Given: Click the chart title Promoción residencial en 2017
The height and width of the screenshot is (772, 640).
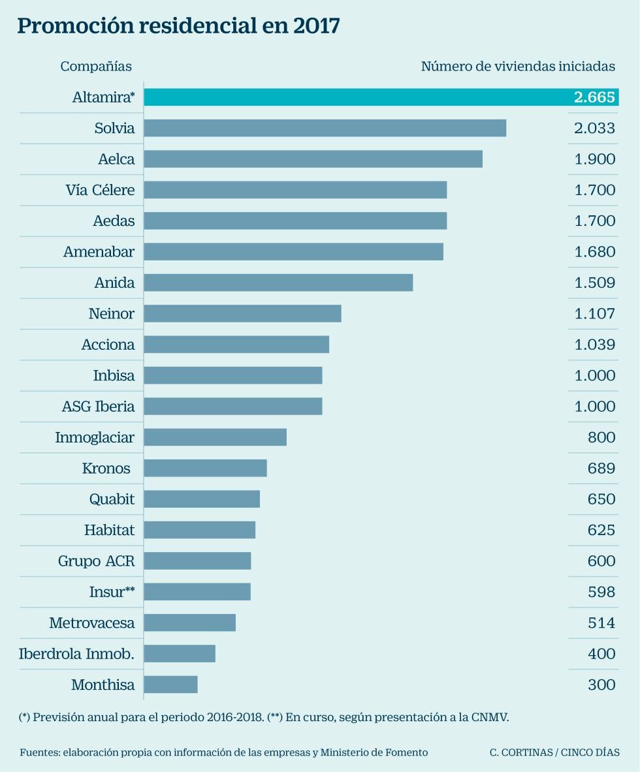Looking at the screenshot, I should click(x=178, y=26).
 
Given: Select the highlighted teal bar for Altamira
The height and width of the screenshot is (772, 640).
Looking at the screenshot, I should click(x=353, y=97).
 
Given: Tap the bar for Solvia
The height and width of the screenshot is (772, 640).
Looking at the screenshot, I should click(x=325, y=128).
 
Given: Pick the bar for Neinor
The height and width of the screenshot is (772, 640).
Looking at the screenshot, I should click(x=242, y=314).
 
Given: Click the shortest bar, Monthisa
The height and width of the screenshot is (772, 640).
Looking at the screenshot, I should click(x=170, y=685).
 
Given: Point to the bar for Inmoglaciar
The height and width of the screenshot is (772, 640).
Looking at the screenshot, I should click(x=215, y=437).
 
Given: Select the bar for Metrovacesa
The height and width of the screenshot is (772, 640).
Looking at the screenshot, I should click(x=189, y=623).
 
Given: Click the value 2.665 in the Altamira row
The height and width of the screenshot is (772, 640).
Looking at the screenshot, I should click(x=594, y=97).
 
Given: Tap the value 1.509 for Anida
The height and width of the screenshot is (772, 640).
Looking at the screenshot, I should click(x=594, y=283).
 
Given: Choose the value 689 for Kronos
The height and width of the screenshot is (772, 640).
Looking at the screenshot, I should click(x=601, y=469).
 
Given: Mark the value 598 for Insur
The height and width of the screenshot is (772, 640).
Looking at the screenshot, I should click(x=601, y=592).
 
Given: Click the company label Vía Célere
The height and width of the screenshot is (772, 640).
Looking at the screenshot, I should click(x=100, y=190).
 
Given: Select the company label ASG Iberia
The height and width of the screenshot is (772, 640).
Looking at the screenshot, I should click(x=98, y=407).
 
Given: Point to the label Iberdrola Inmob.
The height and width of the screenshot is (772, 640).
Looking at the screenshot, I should click(x=76, y=654).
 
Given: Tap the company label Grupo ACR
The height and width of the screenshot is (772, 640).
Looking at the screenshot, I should click(x=96, y=561).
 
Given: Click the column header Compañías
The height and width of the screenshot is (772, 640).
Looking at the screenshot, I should click(x=96, y=67).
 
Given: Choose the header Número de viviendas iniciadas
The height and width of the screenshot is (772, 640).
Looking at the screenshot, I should click(x=518, y=67).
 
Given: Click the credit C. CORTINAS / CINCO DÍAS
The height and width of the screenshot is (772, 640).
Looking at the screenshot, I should click(x=554, y=752).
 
